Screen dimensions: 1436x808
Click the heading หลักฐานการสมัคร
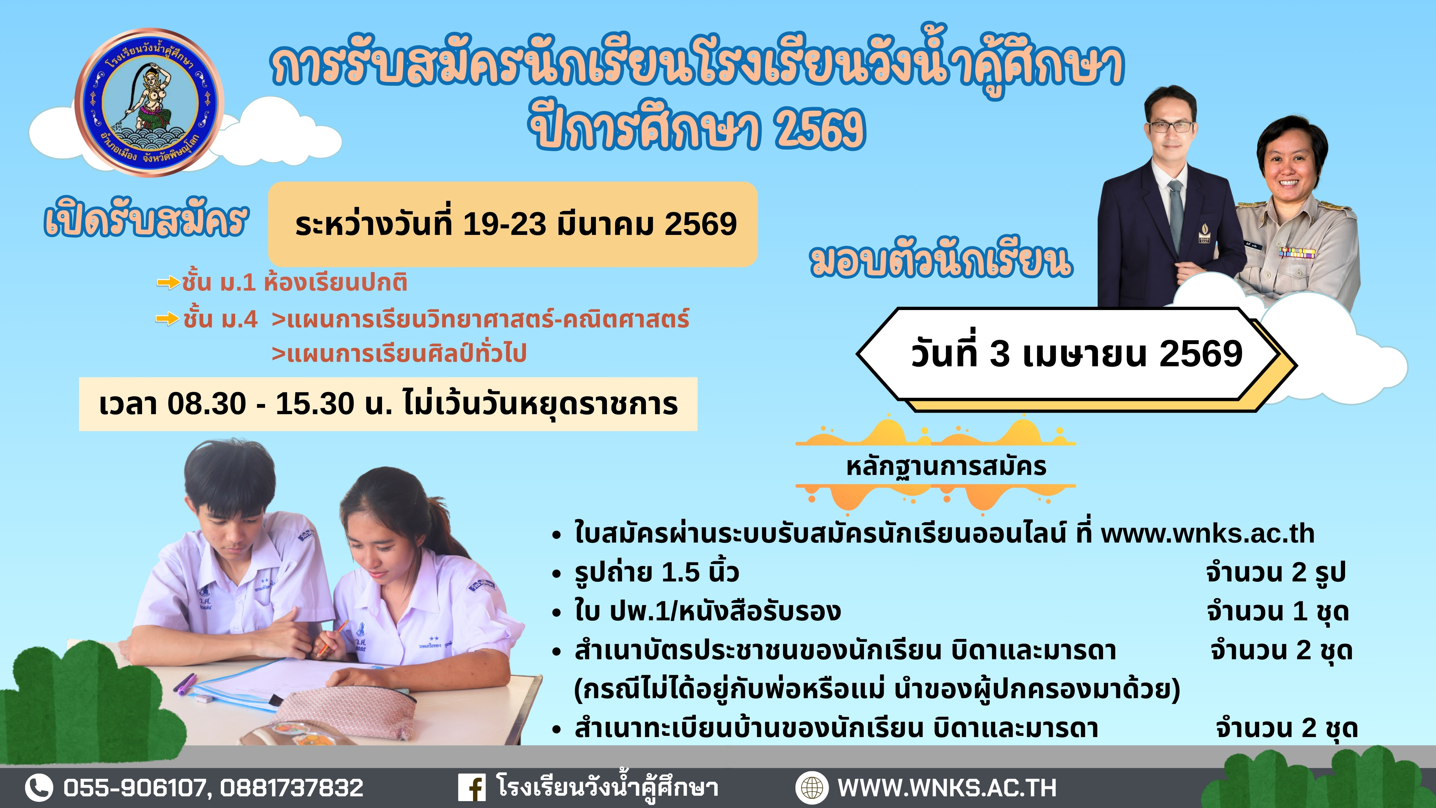pos(946,467)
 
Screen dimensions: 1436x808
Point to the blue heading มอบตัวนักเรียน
pos(941,262)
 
